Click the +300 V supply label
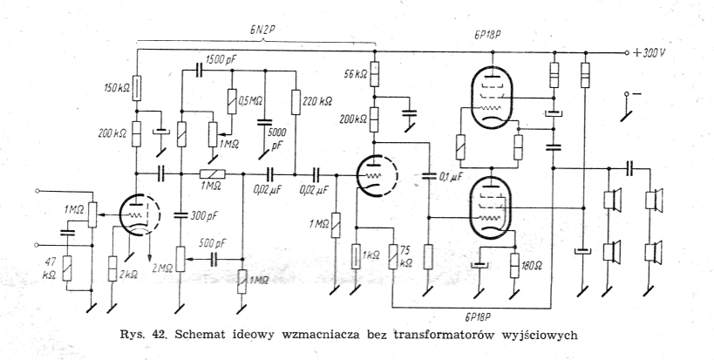[x=650, y=52]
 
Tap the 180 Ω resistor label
[x=531, y=266]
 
